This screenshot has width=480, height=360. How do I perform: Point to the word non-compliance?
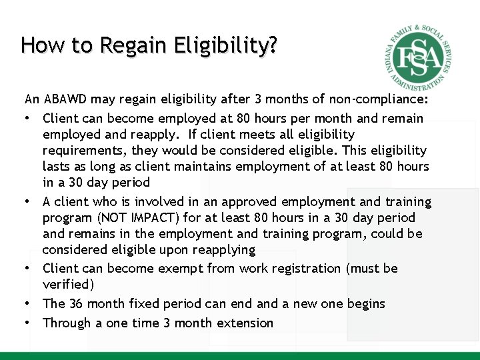(x=379, y=100)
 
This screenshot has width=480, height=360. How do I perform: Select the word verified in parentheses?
(x=65, y=285)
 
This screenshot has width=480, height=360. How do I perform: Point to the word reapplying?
(x=223, y=250)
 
